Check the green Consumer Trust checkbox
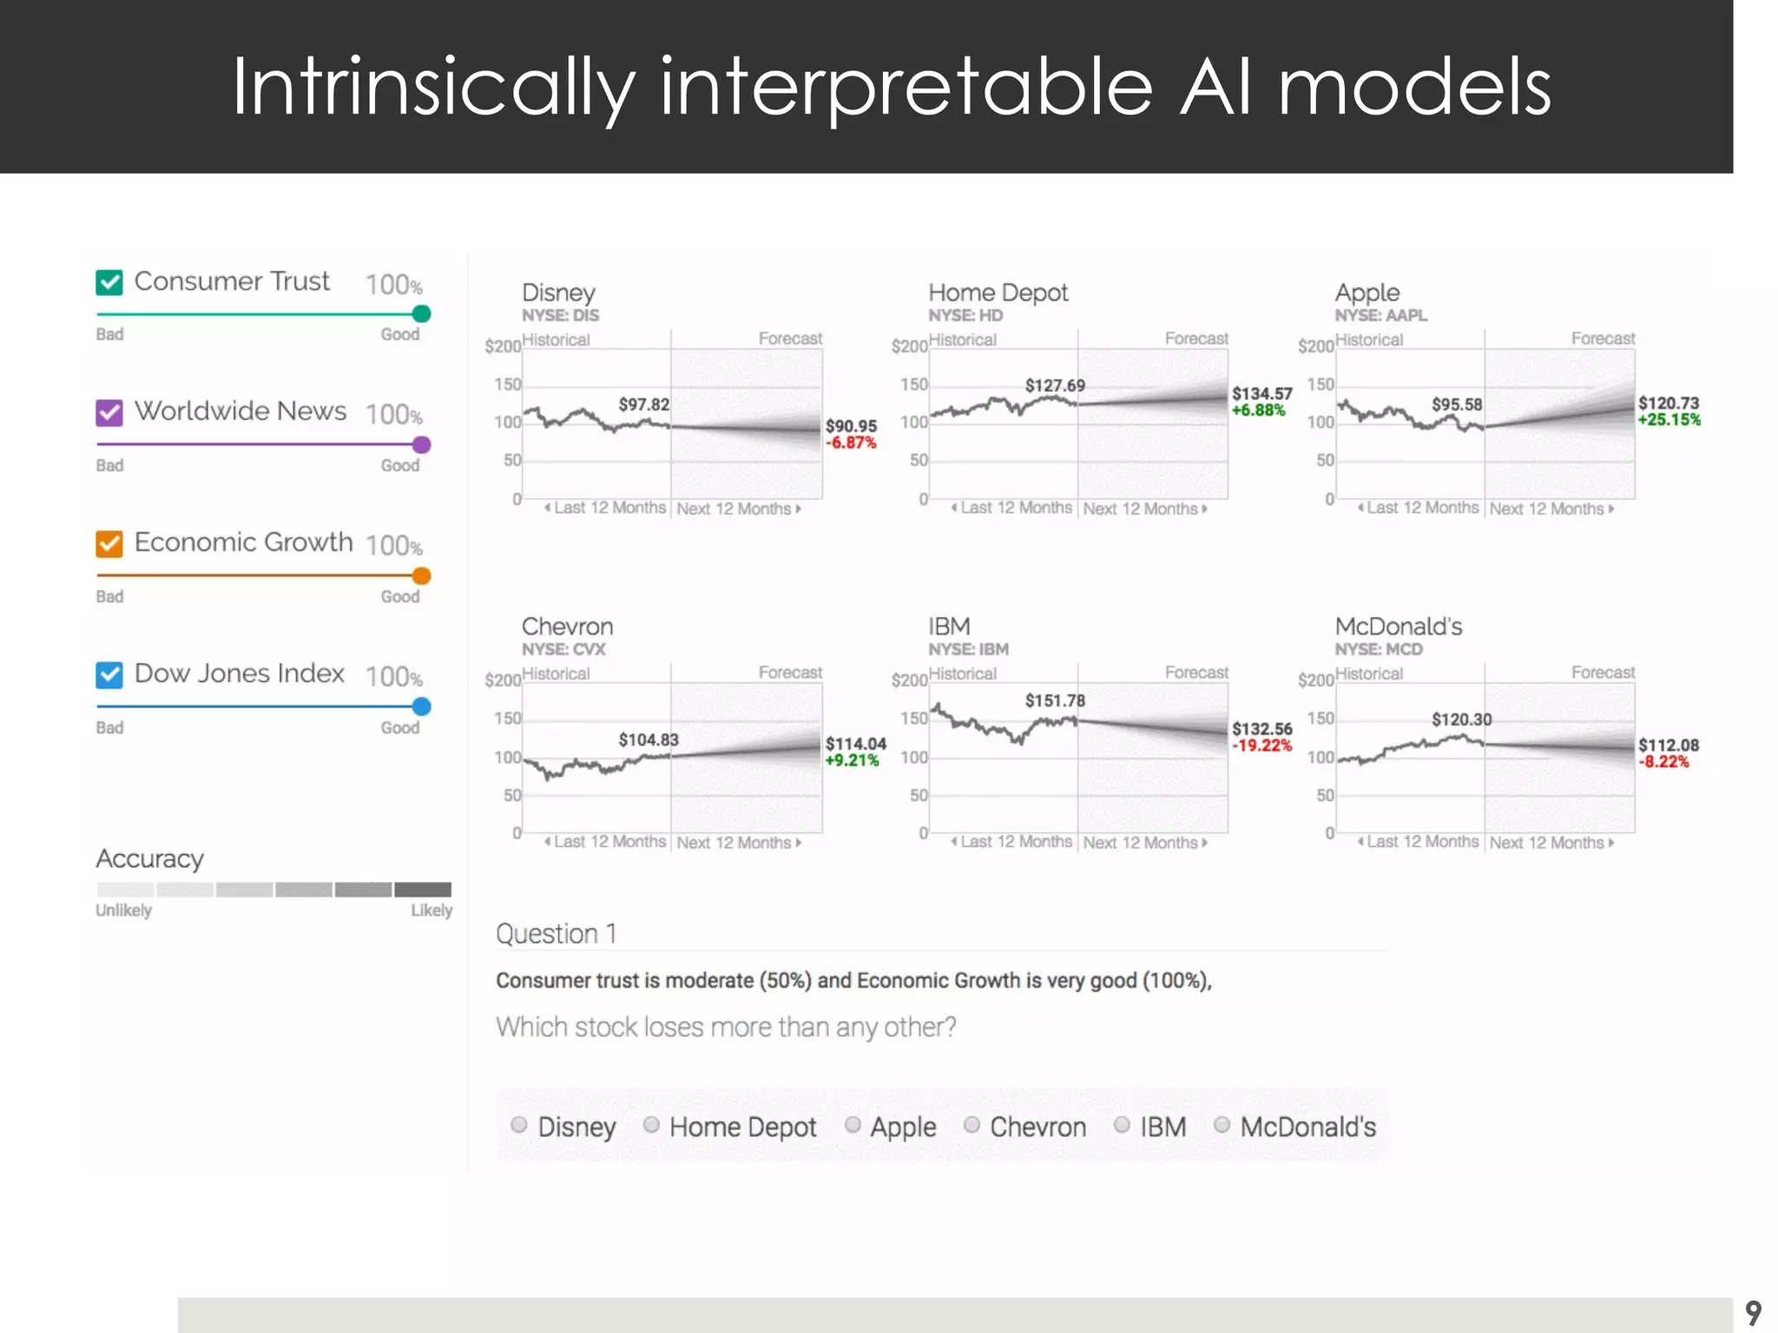click(x=109, y=282)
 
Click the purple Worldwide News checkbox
click(x=109, y=412)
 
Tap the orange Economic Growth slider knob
click(x=421, y=576)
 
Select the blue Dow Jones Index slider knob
click(x=421, y=706)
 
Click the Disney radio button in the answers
click(x=519, y=1125)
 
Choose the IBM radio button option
click(x=1122, y=1125)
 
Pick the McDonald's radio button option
click(x=1222, y=1125)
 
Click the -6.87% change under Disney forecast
click(x=851, y=443)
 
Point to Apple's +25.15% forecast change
click(x=1669, y=420)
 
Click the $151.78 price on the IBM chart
click(x=1055, y=700)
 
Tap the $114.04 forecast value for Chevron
click(x=855, y=744)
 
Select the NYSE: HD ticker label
click(x=965, y=316)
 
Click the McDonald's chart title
click(x=1398, y=627)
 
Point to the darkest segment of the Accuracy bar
click(x=423, y=890)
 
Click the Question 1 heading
click(x=556, y=934)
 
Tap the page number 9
click(x=1753, y=1312)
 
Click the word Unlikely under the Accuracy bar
click(x=123, y=910)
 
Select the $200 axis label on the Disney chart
click(x=503, y=347)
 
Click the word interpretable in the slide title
click(x=906, y=88)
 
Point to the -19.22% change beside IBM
click(x=1262, y=745)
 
